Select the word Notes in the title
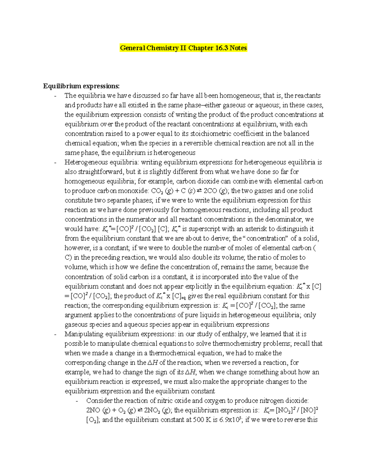238,48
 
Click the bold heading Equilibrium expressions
81,86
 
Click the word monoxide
132,191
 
